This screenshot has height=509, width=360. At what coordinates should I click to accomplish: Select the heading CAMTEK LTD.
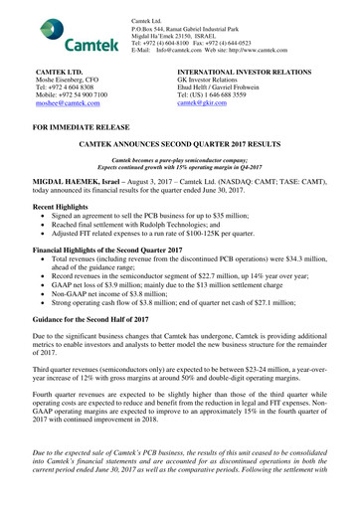tap(51, 74)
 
